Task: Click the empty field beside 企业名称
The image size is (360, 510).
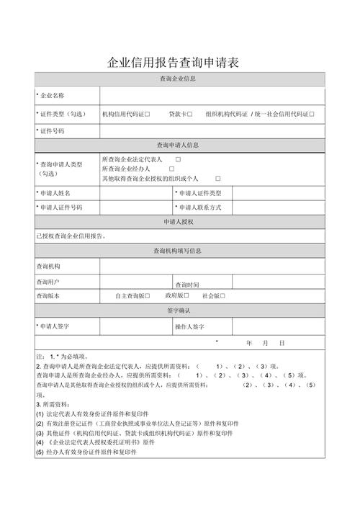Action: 212,96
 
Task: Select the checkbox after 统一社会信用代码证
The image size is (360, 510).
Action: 312,114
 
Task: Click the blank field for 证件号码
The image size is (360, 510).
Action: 212,131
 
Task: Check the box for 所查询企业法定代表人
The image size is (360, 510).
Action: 178,159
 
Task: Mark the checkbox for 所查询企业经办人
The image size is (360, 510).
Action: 171,169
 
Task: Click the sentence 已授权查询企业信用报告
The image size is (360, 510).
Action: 71,236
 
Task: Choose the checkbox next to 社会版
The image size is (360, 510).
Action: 223,296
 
